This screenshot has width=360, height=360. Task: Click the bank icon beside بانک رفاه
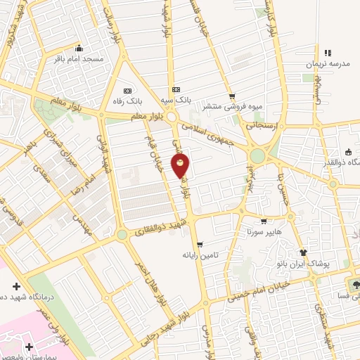(127, 91)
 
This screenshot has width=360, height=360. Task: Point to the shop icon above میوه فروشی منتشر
(231, 97)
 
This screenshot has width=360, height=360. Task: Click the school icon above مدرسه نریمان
(327, 53)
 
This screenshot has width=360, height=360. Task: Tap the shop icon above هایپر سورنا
(264, 220)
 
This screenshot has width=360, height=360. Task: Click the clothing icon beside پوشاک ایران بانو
(303, 253)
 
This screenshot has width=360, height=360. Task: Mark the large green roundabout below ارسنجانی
(257, 155)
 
